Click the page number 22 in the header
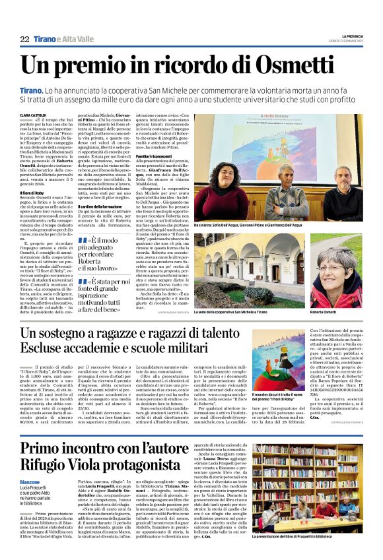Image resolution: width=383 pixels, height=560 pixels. tap(24, 40)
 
